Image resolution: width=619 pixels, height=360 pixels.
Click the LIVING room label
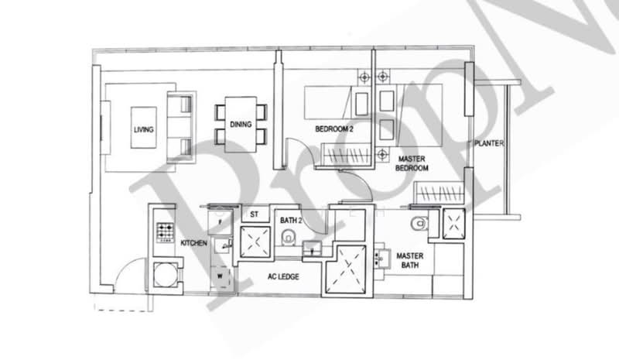[143, 129]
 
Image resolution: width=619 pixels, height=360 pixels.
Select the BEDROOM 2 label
[334, 129]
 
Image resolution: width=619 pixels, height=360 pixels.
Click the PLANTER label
[490, 144]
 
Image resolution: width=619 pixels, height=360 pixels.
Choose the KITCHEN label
[193, 243]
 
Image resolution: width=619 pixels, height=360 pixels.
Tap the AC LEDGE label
[284, 276]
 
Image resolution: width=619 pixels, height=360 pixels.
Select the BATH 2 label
[291, 221]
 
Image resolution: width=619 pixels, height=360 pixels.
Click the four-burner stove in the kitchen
[166, 231]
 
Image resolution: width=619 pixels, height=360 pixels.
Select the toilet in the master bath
[419, 224]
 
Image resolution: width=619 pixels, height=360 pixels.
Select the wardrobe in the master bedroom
[439, 192]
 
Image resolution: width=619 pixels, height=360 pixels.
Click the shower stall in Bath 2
[254, 242]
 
